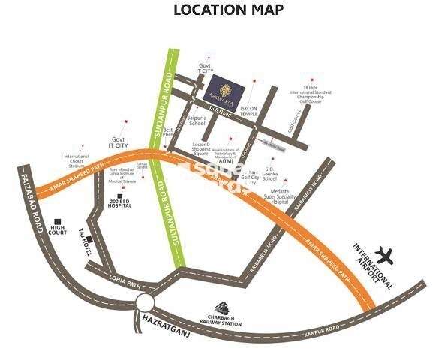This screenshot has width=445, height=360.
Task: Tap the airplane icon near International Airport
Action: click(x=387, y=253)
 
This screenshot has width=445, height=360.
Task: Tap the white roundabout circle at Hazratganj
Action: click(x=145, y=301)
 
